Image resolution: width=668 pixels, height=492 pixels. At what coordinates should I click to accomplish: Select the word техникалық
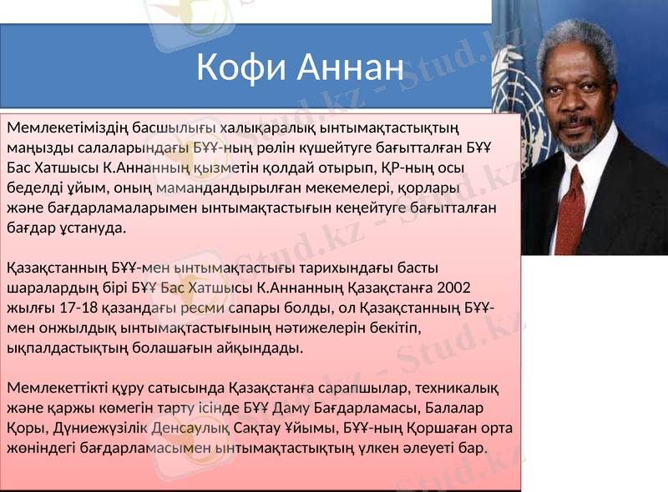(x=451, y=388)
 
